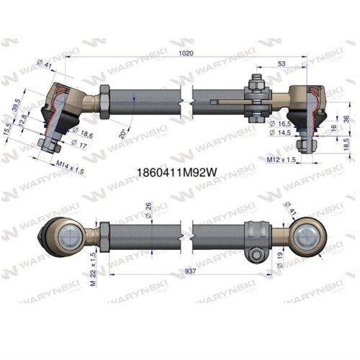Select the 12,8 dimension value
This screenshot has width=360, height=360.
tap(24, 117)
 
